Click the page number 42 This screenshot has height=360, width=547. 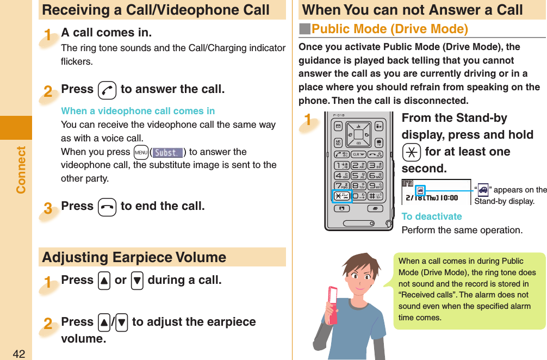[x=19, y=354]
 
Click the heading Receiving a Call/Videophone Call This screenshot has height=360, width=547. [x=156, y=10]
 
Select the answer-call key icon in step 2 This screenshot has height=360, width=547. [x=107, y=90]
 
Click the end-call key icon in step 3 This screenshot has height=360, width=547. [x=107, y=207]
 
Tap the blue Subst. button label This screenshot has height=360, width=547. [x=167, y=152]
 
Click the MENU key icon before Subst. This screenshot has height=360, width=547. [x=141, y=152]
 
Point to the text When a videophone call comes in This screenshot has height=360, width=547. [x=138, y=111]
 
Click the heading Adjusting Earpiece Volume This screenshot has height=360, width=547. [x=134, y=257]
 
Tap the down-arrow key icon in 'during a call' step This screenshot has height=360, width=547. [x=138, y=281]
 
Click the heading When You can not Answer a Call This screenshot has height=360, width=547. [x=412, y=10]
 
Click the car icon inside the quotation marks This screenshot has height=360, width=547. [x=482, y=190]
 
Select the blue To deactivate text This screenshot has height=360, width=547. [x=431, y=216]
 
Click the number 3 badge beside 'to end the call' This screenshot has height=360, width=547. [x=48, y=208]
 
